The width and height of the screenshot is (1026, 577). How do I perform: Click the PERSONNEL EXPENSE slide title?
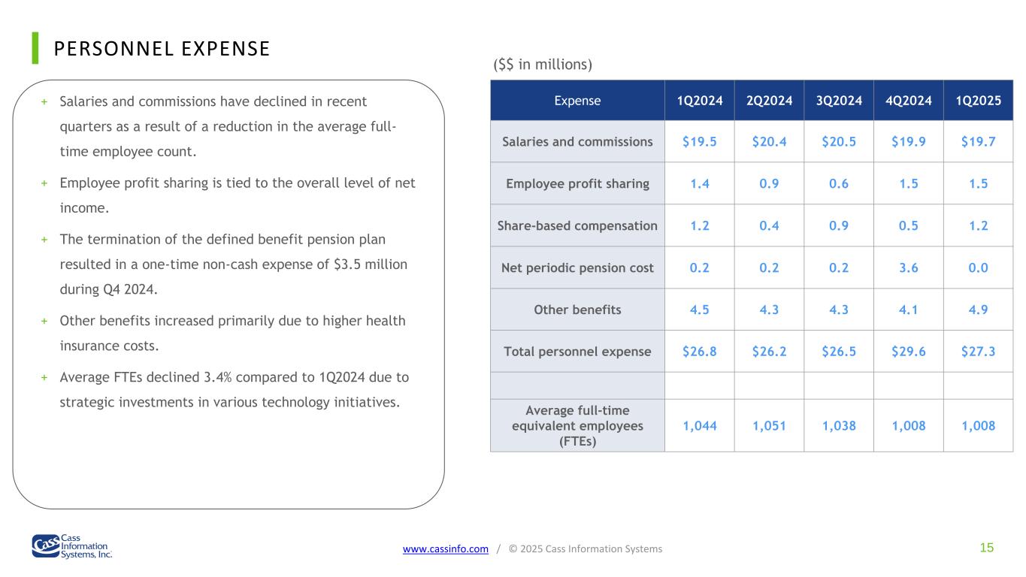point(162,49)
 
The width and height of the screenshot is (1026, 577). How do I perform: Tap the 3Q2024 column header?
point(839,101)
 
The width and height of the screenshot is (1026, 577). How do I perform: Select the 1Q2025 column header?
point(978,101)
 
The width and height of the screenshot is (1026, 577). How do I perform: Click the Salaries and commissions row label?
point(577,142)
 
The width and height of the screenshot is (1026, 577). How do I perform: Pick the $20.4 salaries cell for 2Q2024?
point(769,142)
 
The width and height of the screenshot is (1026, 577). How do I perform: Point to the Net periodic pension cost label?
point(577,268)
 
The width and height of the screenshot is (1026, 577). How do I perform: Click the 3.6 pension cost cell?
point(908,268)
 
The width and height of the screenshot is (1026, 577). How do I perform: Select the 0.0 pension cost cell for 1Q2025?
point(978,268)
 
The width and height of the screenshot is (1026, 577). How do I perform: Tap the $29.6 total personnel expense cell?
point(908,352)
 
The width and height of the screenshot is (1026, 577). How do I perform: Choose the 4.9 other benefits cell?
point(978,310)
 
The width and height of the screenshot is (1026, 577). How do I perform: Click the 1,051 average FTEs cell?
point(769,426)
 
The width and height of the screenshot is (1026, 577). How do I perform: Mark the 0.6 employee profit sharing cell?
point(839,183)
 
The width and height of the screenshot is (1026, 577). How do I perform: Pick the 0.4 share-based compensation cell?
point(769,225)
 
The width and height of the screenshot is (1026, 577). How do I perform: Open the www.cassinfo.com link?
point(445,548)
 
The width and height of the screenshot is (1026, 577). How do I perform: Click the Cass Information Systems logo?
point(72,546)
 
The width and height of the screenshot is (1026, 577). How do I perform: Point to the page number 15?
point(987,548)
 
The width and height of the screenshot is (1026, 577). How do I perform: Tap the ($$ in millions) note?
point(543,65)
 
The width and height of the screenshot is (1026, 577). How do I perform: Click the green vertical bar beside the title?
point(35,48)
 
